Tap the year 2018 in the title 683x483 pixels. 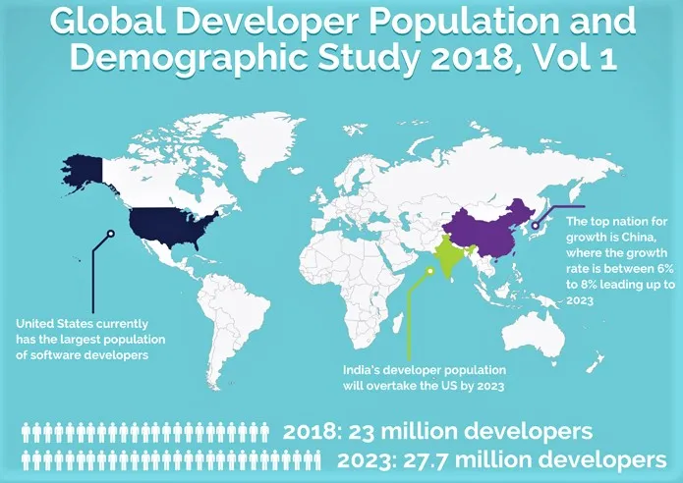click(x=472, y=58)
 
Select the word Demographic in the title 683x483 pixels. click(x=190, y=59)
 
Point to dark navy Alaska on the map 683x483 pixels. click(x=84, y=171)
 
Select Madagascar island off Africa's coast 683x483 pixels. click(x=398, y=324)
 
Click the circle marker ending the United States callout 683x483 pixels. click(x=111, y=234)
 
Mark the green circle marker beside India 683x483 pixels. click(x=429, y=271)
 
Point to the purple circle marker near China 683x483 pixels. click(x=536, y=226)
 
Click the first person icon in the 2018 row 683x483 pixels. click(x=27, y=433)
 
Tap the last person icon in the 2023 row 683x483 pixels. click(x=315, y=460)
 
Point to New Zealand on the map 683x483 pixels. click(x=595, y=362)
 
